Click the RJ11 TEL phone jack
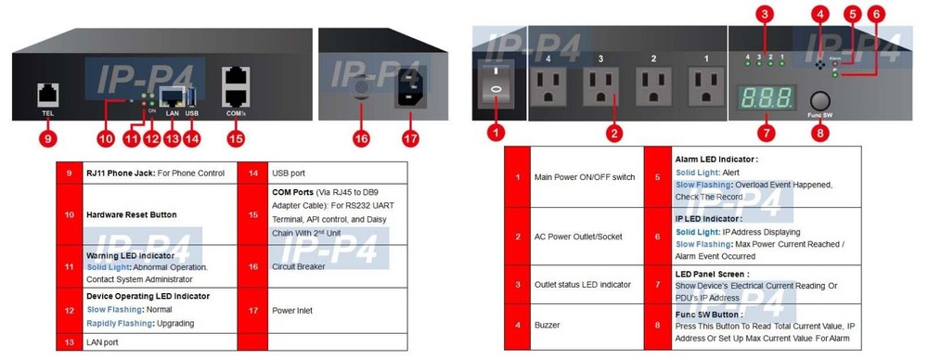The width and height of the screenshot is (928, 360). pyautogui.click(x=48, y=93)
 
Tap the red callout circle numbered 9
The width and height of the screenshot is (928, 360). pyautogui.click(x=49, y=140)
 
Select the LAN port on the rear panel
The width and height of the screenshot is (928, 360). pyautogui.click(x=173, y=95)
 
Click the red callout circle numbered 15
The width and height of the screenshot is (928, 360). pyautogui.click(x=236, y=140)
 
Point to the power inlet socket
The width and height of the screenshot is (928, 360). pyautogui.click(x=410, y=90)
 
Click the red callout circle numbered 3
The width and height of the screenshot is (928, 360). pyautogui.click(x=764, y=15)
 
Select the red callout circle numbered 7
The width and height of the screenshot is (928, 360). pyautogui.click(x=766, y=132)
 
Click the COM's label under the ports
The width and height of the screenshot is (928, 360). pyautogui.click(x=235, y=114)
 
